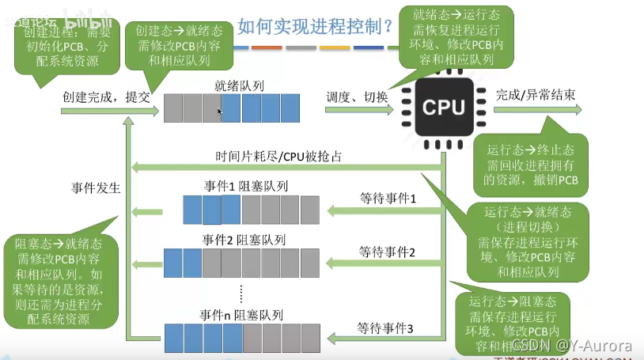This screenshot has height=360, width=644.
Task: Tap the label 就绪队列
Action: [239, 85]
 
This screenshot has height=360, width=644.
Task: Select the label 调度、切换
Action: [357, 97]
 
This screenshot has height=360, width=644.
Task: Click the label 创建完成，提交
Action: [104, 97]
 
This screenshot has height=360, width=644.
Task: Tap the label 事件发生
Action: [95, 188]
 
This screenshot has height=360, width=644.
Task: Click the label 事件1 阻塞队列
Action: [246, 187]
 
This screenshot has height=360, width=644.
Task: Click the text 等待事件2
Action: [387, 252]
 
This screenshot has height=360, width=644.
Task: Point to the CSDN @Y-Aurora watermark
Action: [572, 345]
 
